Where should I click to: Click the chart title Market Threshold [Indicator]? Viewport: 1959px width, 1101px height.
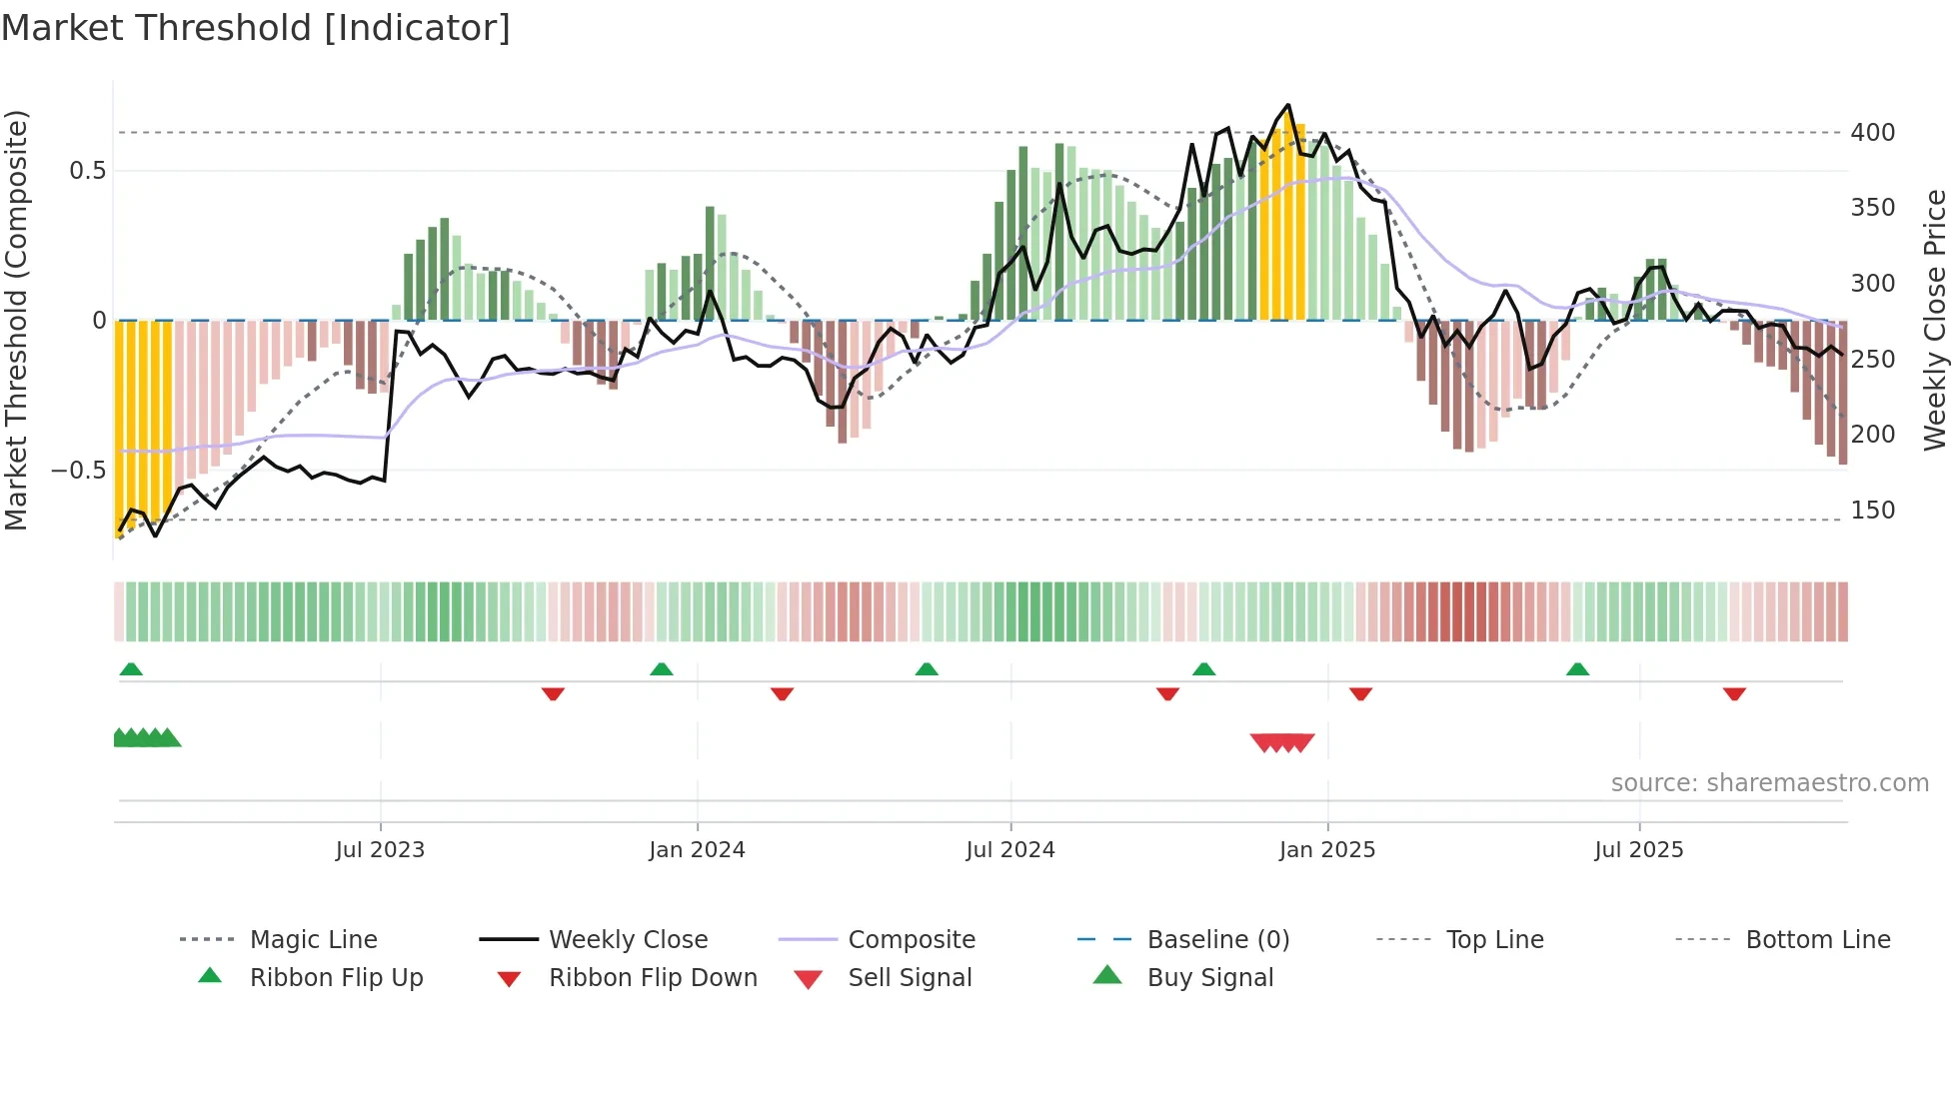[256, 28]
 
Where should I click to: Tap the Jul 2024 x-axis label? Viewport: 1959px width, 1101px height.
[1009, 850]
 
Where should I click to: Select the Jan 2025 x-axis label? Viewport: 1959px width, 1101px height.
[1326, 850]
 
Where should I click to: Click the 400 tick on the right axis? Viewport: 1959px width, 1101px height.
[1872, 133]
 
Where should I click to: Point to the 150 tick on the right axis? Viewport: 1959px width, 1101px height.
[1872, 511]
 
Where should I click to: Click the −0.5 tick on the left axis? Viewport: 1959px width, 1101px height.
[78, 471]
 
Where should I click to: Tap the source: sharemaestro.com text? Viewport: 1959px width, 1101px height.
[1769, 783]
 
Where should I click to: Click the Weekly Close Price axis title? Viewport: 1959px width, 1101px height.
[1936, 320]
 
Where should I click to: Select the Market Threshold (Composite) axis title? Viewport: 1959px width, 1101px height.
[16, 320]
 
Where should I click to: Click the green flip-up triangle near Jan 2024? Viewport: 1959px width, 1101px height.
[661, 669]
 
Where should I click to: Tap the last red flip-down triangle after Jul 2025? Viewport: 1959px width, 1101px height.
[1734, 693]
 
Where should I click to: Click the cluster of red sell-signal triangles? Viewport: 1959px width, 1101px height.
[1282, 742]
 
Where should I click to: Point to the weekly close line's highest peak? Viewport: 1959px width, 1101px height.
[1287, 105]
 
